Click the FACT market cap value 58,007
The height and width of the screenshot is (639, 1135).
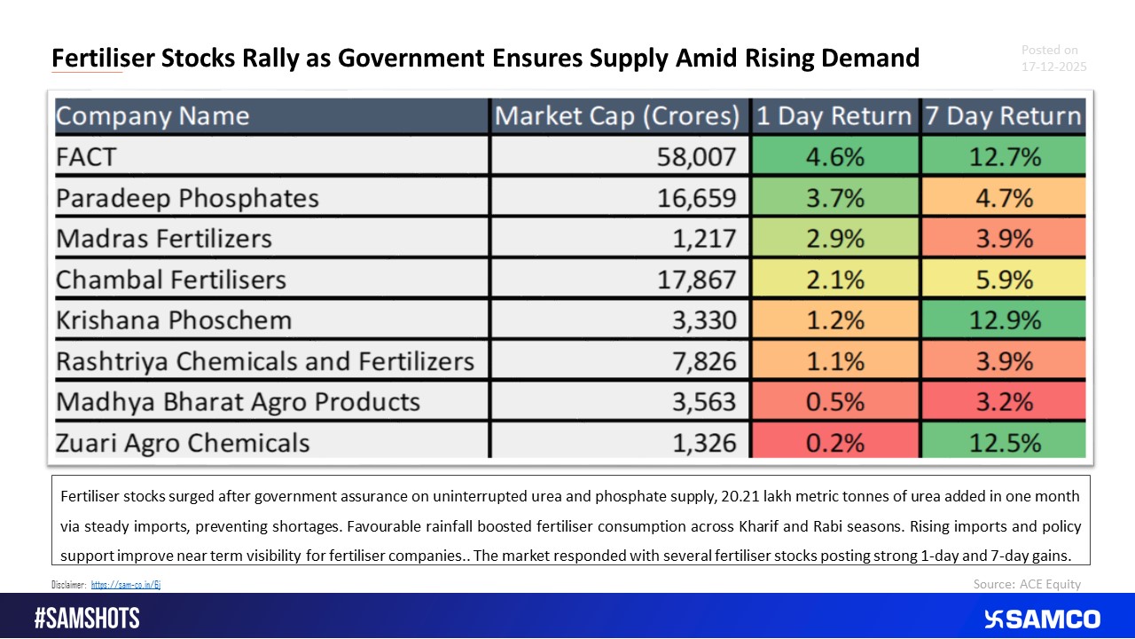pos(695,157)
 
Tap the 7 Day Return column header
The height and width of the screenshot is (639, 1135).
pos(1003,116)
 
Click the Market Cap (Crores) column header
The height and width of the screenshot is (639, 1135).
pos(617,116)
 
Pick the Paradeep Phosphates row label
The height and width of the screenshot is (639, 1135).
pos(187,198)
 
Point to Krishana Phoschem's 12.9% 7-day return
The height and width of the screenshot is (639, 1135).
pos(1003,320)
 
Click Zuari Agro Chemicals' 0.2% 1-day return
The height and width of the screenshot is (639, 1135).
pos(834,442)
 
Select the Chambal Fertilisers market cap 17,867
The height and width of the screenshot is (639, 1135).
pos(695,280)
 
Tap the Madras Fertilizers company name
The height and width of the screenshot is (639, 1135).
pos(164,239)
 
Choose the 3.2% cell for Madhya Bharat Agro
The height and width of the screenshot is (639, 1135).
pos(1003,401)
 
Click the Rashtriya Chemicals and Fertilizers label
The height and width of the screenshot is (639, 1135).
pos(265,361)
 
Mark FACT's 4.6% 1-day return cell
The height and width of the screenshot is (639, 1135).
pos(834,157)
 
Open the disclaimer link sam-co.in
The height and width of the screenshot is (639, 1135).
pos(126,585)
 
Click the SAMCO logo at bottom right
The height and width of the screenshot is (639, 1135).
pos(1042,619)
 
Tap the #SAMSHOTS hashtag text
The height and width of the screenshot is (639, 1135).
pos(87,619)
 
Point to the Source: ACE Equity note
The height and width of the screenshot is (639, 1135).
pos(1027,584)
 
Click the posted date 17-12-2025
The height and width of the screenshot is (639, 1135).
pos(1053,67)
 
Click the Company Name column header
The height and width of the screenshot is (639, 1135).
pos(153,116)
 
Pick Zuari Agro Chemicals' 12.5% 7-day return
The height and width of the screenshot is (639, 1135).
pos(1003,442)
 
